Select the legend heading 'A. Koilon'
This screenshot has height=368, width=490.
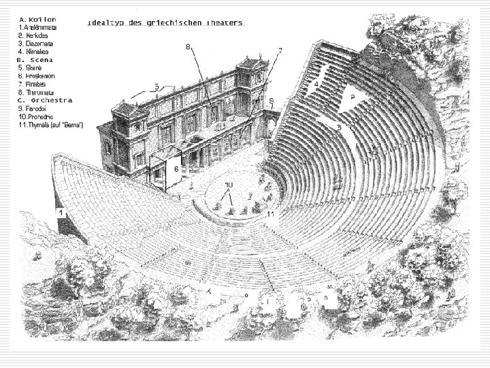pyautogui.click(x=37, y=19)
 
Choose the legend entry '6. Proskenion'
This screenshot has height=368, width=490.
pyautogui.click(x=39, y=76)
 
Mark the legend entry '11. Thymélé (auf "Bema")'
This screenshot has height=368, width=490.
pyautogui.click(x=51, y=125)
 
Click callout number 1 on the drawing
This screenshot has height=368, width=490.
pyautogui.click(x=61, y=213)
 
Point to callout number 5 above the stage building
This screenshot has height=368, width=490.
pyautogui.click(x=157, y=87)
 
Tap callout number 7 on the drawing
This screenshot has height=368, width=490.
pyautogui.click(x=280, y=50)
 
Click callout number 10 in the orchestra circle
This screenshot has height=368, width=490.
pyautogui.click(x=229, y=185)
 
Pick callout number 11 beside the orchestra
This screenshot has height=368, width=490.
pyautogui.click(x=270, y=214)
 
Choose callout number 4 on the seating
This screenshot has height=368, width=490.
pyautogui.click(x=316, y=85)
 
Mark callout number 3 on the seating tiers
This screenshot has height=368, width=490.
pyautogui.click(x=338, y=127)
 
